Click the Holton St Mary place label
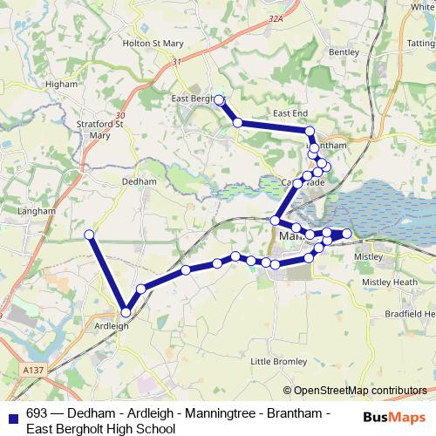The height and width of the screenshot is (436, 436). pyautogui.click(x=148, y=42)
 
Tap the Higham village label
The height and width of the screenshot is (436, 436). pyautogui.click(x=61, y=85)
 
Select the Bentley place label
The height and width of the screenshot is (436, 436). pyautogui.click(x=344, y=52)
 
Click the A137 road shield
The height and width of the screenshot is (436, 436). pyautogui.click(x=33, y=371)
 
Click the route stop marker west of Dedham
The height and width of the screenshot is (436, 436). pyautogui.click(x=89, y=234)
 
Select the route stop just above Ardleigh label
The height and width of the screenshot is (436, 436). pyautogui.click(x=126, y=311)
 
